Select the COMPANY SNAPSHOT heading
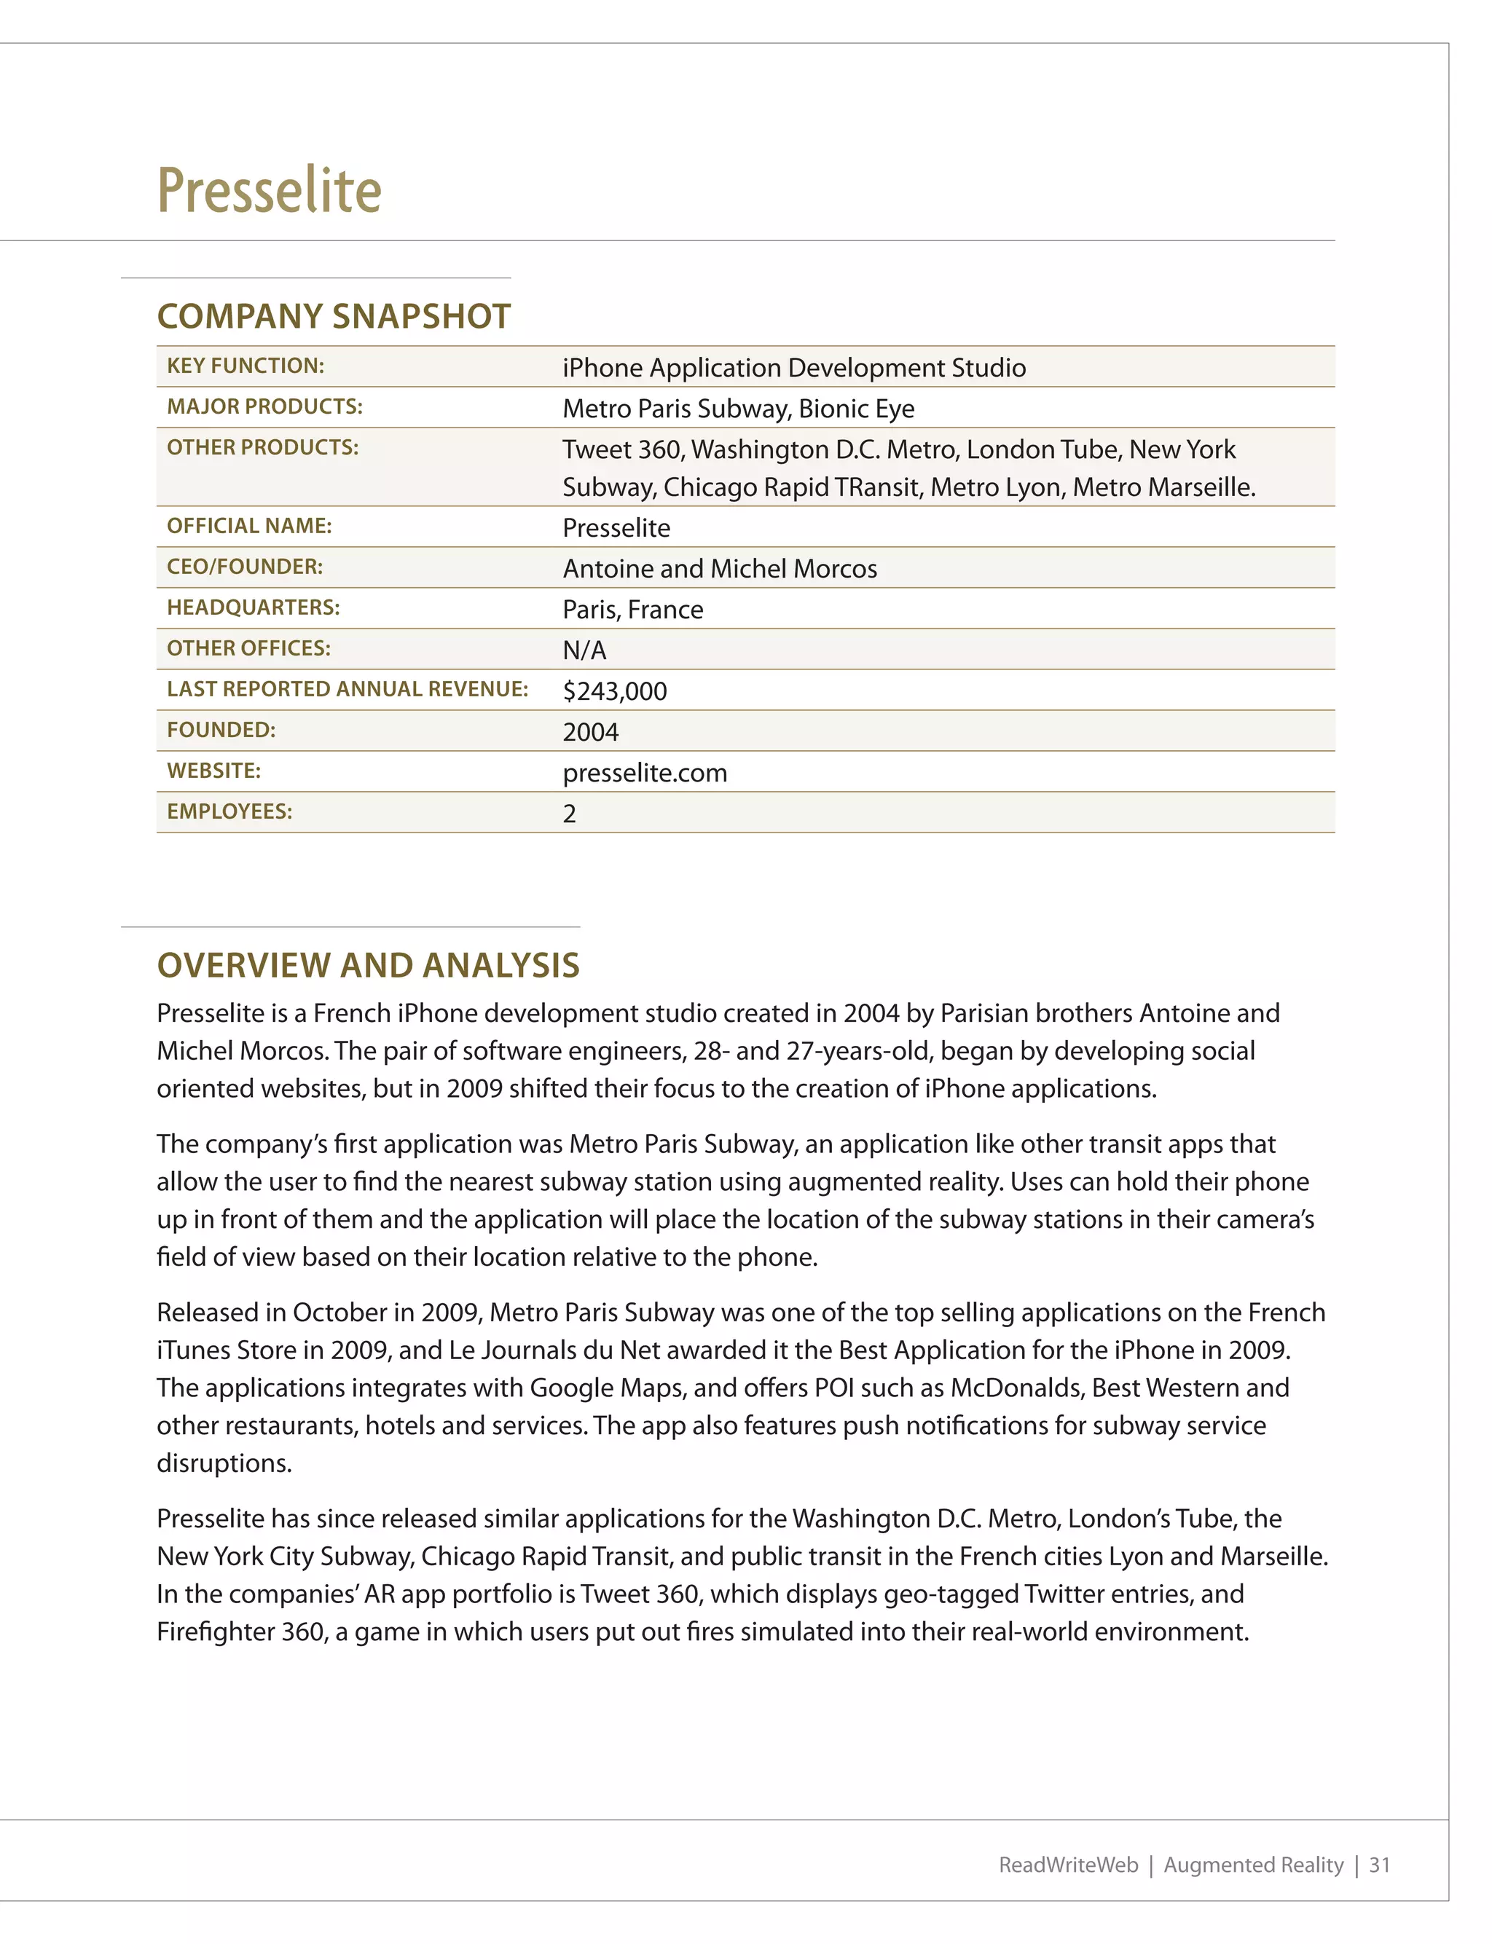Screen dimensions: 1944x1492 (x=333, y=316)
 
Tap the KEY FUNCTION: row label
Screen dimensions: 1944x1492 (x=245, y=366)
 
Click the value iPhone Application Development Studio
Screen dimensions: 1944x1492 (x=794, y=368)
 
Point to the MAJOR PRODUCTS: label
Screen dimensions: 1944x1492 (x=264, y=406)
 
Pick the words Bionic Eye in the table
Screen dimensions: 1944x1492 (x=856, y=409)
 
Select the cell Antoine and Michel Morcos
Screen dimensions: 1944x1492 (x=719, y=568)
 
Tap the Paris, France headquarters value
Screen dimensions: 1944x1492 (x=632, y=609)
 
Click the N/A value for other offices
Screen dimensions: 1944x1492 (x=584, y=650)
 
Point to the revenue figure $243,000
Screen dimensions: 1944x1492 (x=615, y=690)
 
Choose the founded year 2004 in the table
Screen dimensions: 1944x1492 (x=591, y=731)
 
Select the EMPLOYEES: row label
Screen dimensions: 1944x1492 (x=229, y=811)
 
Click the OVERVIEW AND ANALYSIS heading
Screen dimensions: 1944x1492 (x=368, y=965)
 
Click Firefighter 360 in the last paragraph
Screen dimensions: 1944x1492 (x=240, y=1632)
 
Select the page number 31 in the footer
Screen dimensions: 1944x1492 (x=1379, y=1864)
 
